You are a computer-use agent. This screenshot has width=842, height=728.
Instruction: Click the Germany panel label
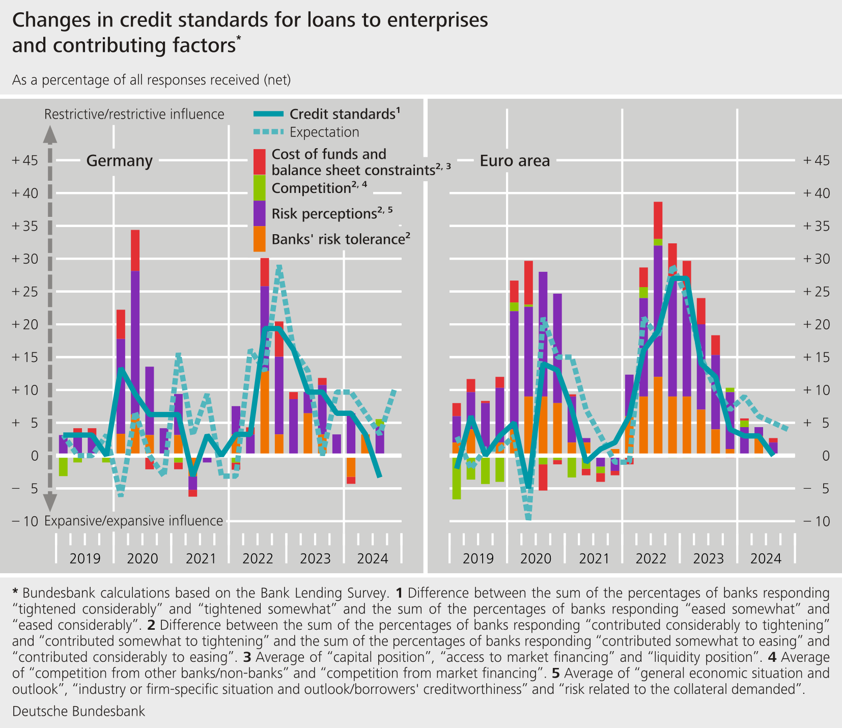pyautogui.click(x=119, y=161)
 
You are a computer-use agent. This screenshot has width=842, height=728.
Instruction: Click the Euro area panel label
pyautogui.click(x=515, y=161)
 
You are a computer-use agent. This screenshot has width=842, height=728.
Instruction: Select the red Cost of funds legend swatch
pyautogui.click(x=260, y=161)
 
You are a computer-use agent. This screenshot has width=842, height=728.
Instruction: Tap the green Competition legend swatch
pyautogui.click(x=260, y=187)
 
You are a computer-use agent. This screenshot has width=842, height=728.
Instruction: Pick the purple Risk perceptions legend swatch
pyautogui.click(x=260, y=213)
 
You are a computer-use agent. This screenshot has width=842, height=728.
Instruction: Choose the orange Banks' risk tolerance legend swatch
pyautogui.click(x=260, y=239)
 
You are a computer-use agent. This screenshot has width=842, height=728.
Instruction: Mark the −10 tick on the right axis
pyautogui.click(x=816, y=521)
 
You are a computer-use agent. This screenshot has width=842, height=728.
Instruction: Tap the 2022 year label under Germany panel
pyautogui.click(x=258, y=558)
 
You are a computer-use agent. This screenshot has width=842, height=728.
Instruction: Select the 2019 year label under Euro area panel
pyautogui.click(x=478, y=558)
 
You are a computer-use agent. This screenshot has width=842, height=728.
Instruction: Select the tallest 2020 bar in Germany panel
pyautogui.click(x=135, y=341)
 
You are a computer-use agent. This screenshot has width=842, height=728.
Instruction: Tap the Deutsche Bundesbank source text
pyautogui.click(x=78, y=711)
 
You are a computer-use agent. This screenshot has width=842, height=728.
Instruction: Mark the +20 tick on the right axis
pyautogui.click(x=816, y=324)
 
